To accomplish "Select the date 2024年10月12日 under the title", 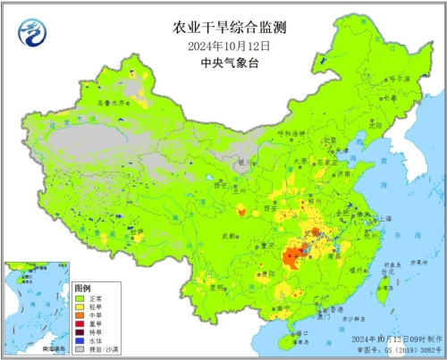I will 224,45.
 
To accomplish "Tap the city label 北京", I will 328,140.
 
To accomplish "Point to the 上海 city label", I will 385,218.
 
